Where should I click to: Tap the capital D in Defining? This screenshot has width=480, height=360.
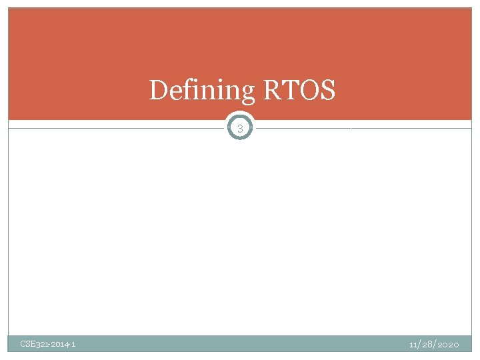click(159, 90)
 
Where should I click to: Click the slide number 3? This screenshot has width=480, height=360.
click(240, 128)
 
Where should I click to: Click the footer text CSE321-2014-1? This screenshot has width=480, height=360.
click(48, 344)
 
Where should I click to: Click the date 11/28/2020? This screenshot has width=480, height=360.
click(434, 344)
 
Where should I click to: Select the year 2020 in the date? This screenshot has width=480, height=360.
click(448, 344)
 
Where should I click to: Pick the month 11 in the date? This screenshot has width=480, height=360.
click(413, 344)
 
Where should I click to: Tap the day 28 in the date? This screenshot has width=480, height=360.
click(427, 344)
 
